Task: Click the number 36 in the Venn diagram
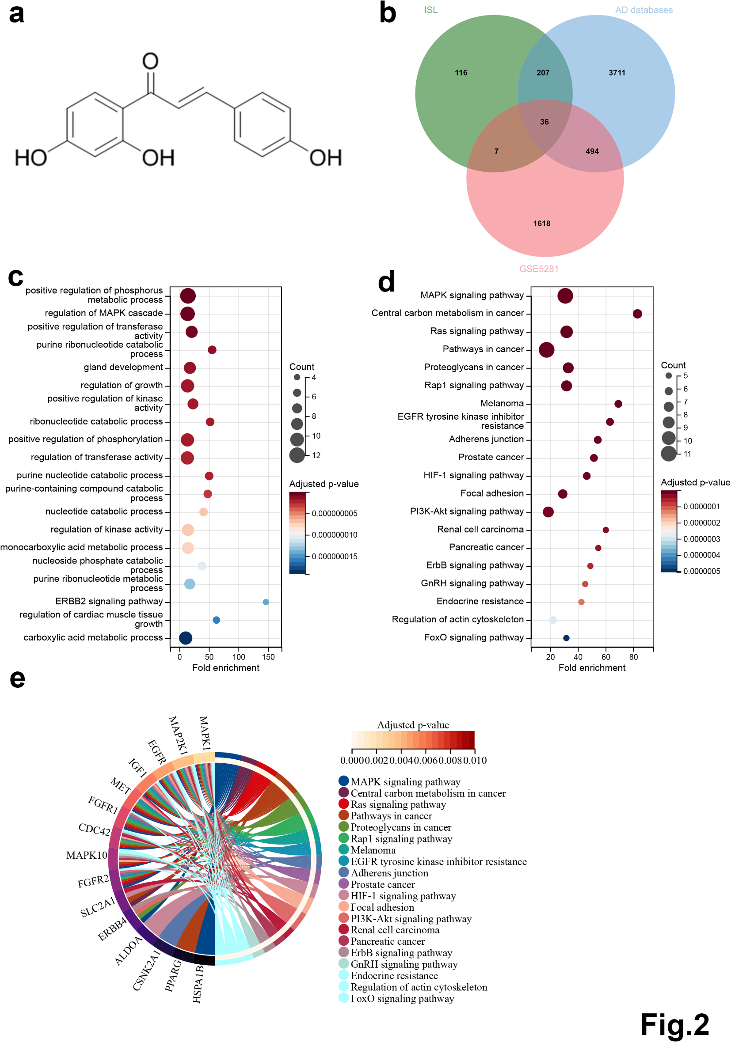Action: click(544, 121)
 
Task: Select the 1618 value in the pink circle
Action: click(541, 224)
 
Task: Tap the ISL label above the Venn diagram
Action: click(430, 10)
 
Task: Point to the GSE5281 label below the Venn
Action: click(538, 269)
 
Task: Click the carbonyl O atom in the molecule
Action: click(150, 61)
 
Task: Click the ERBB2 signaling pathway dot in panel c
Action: click(266, 602)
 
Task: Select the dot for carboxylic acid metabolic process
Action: click(185, 638)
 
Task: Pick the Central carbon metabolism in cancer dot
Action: click(637, 314)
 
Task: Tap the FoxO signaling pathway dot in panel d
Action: click(566, 638)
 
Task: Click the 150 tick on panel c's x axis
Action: click(268, 657)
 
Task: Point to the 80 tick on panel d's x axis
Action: click(633, 657)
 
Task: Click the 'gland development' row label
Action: click(123, 367)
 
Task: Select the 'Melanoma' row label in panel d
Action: click(502, 403)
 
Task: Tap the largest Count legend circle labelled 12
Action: click(297, 455)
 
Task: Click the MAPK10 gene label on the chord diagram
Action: click(86, 855)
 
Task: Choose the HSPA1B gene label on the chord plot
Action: click(198, 984)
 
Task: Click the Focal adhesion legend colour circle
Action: click(344, 906)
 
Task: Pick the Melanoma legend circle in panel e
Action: click(344, 849)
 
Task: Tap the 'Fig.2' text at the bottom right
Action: click(674, 1024)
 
